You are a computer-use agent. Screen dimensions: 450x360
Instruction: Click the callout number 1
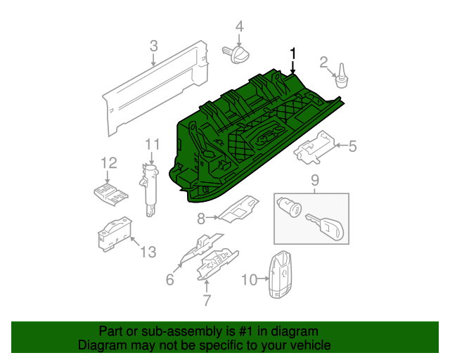[292, 54]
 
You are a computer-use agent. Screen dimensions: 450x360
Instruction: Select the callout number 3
[154, 46]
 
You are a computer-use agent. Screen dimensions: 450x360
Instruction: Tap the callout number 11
[152, 144]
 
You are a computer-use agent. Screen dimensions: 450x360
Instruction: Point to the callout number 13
[148, 252]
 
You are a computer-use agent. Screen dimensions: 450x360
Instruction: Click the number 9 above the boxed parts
[315, 181]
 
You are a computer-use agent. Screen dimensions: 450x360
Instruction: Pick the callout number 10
[249, 280]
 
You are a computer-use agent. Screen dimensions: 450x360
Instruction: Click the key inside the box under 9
[325, 227]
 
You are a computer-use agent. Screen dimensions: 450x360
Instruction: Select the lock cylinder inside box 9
[289, 207]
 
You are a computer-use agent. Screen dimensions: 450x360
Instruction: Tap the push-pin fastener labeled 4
[236, 54]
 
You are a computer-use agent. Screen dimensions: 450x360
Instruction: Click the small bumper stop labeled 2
[341, 77]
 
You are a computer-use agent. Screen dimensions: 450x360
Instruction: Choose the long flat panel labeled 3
[155, 88]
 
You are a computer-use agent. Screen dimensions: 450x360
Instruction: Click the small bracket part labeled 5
[314, 148]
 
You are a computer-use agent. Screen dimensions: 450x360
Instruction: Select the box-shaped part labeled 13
[115, 235]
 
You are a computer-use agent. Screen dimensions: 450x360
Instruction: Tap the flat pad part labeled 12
[111, 194]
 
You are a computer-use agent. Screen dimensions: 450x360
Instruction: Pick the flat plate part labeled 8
[239, 209]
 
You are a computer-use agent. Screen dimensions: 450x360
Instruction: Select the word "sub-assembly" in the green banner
[182, 331]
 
